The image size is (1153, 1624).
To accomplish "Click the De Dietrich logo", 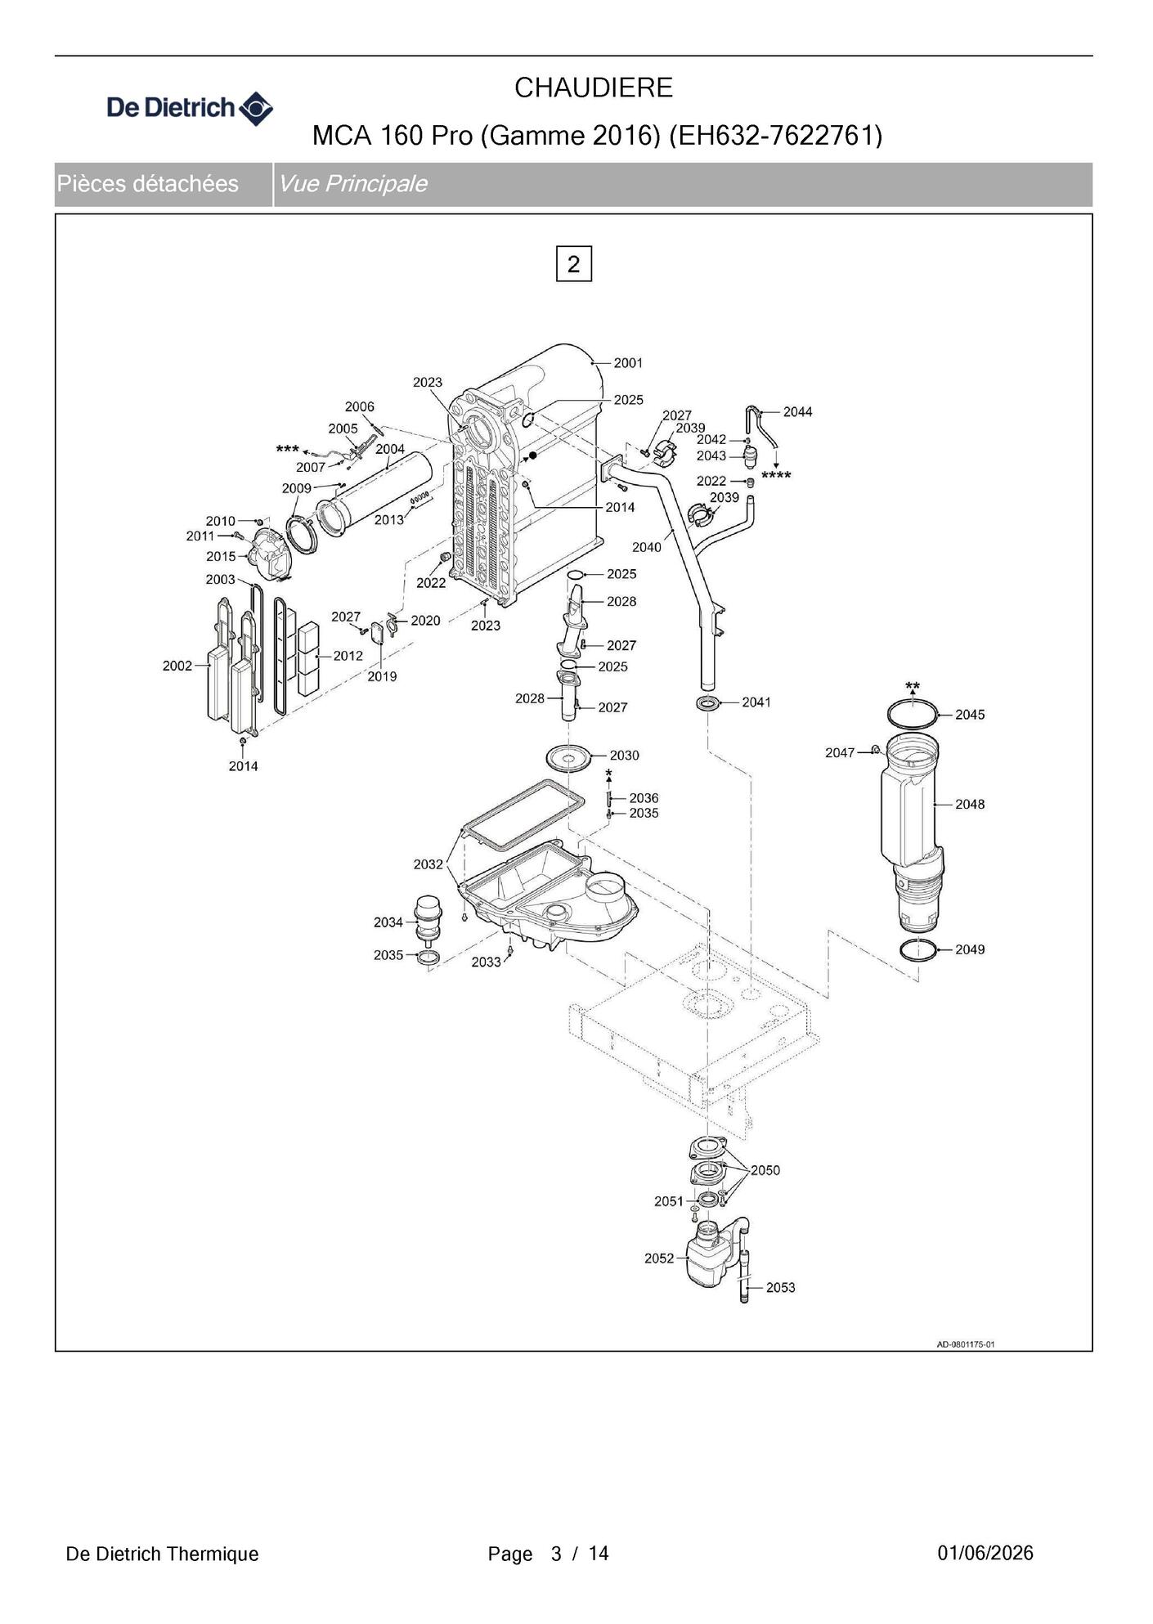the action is pos(190,108).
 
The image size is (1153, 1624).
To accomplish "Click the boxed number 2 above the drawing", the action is pos(573,264).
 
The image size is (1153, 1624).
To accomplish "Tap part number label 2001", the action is pos(628,363).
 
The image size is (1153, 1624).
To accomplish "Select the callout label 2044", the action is pos(797,412).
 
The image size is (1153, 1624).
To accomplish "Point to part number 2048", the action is pos(970,805).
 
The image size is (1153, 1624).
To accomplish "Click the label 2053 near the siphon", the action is pos(780,1288).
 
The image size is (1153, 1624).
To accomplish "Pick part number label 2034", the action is pos(388,922).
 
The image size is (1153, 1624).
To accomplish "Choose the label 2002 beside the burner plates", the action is pos(177,666).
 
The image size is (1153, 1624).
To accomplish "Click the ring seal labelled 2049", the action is pos(917,951).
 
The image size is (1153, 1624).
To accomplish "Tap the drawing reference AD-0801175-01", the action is pos(966,1344).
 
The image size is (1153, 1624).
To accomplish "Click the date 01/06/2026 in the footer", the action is pos(985,1553).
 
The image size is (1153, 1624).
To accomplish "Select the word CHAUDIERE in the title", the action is pos(594,87).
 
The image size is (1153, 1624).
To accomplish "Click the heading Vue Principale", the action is pos(353,183).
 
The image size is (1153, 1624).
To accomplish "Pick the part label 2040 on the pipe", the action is pos(647,547).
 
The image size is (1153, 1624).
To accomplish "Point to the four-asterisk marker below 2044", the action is pos(776,475).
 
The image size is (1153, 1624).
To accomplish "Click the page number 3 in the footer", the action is pos(557,1554).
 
